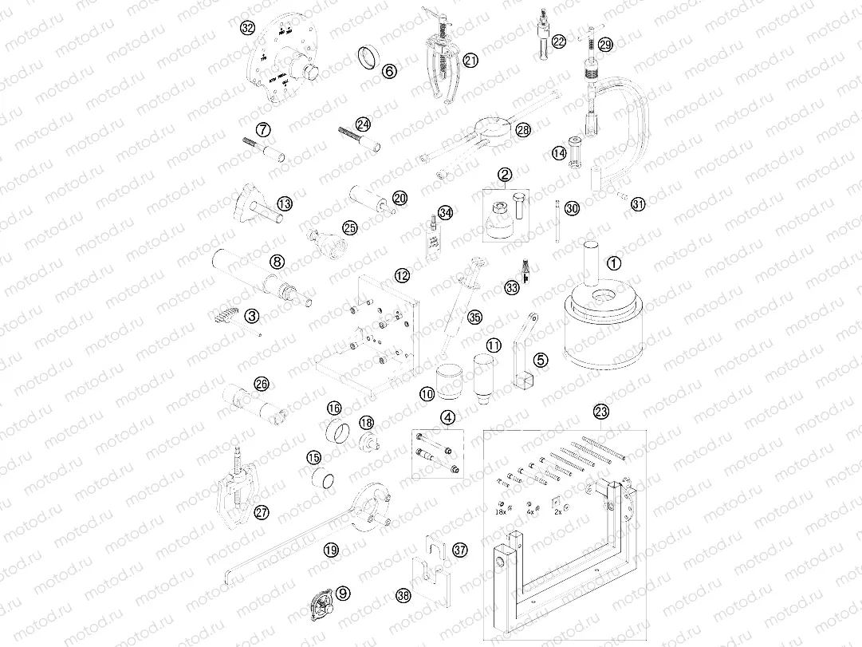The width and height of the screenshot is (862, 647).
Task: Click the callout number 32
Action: click(x=247, y=28)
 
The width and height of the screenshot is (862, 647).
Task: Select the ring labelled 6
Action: click(x=368, y=58)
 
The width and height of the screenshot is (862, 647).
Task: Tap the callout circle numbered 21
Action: click(x=470, y=60)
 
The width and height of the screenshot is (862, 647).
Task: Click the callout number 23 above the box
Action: click(x=600, y=412)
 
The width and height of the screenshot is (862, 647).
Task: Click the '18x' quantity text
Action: click(x=501, y=512)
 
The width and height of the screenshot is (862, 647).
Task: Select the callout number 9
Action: click(x=343, y=593)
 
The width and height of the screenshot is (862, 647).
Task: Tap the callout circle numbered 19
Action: click(x=331, y=549)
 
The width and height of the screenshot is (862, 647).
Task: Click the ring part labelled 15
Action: click(x=325, y=480)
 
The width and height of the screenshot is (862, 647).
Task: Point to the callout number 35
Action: click(x=474, y=317)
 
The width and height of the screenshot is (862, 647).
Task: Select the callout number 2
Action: click(x=504, y=174)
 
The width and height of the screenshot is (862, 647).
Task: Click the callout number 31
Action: click(x=637, y=204)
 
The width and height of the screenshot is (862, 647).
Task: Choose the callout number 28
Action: click(x=522, y=128)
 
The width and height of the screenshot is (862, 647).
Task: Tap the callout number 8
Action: click(x=277, y=261)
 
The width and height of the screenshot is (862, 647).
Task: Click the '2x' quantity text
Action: click(x=557, y=512)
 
